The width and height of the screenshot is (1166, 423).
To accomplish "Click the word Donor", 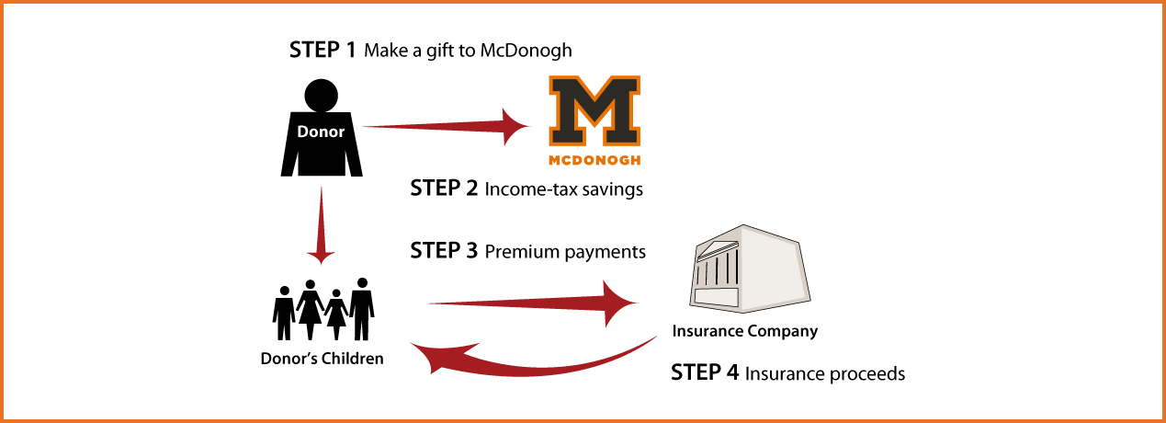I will tap(321, 132).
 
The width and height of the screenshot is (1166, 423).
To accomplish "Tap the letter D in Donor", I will tap(302, 132).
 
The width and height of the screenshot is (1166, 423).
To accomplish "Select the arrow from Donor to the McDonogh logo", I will tap(441, 126).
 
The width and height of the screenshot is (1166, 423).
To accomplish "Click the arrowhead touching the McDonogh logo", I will tap(515, 126).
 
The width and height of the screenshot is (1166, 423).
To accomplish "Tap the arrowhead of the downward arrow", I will tap(321, 255).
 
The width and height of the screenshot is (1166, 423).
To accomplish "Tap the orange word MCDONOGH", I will tap(593, 159).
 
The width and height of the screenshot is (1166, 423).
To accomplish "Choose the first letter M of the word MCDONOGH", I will tap(552, 159).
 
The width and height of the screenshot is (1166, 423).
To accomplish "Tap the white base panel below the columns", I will tap(717, 297).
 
